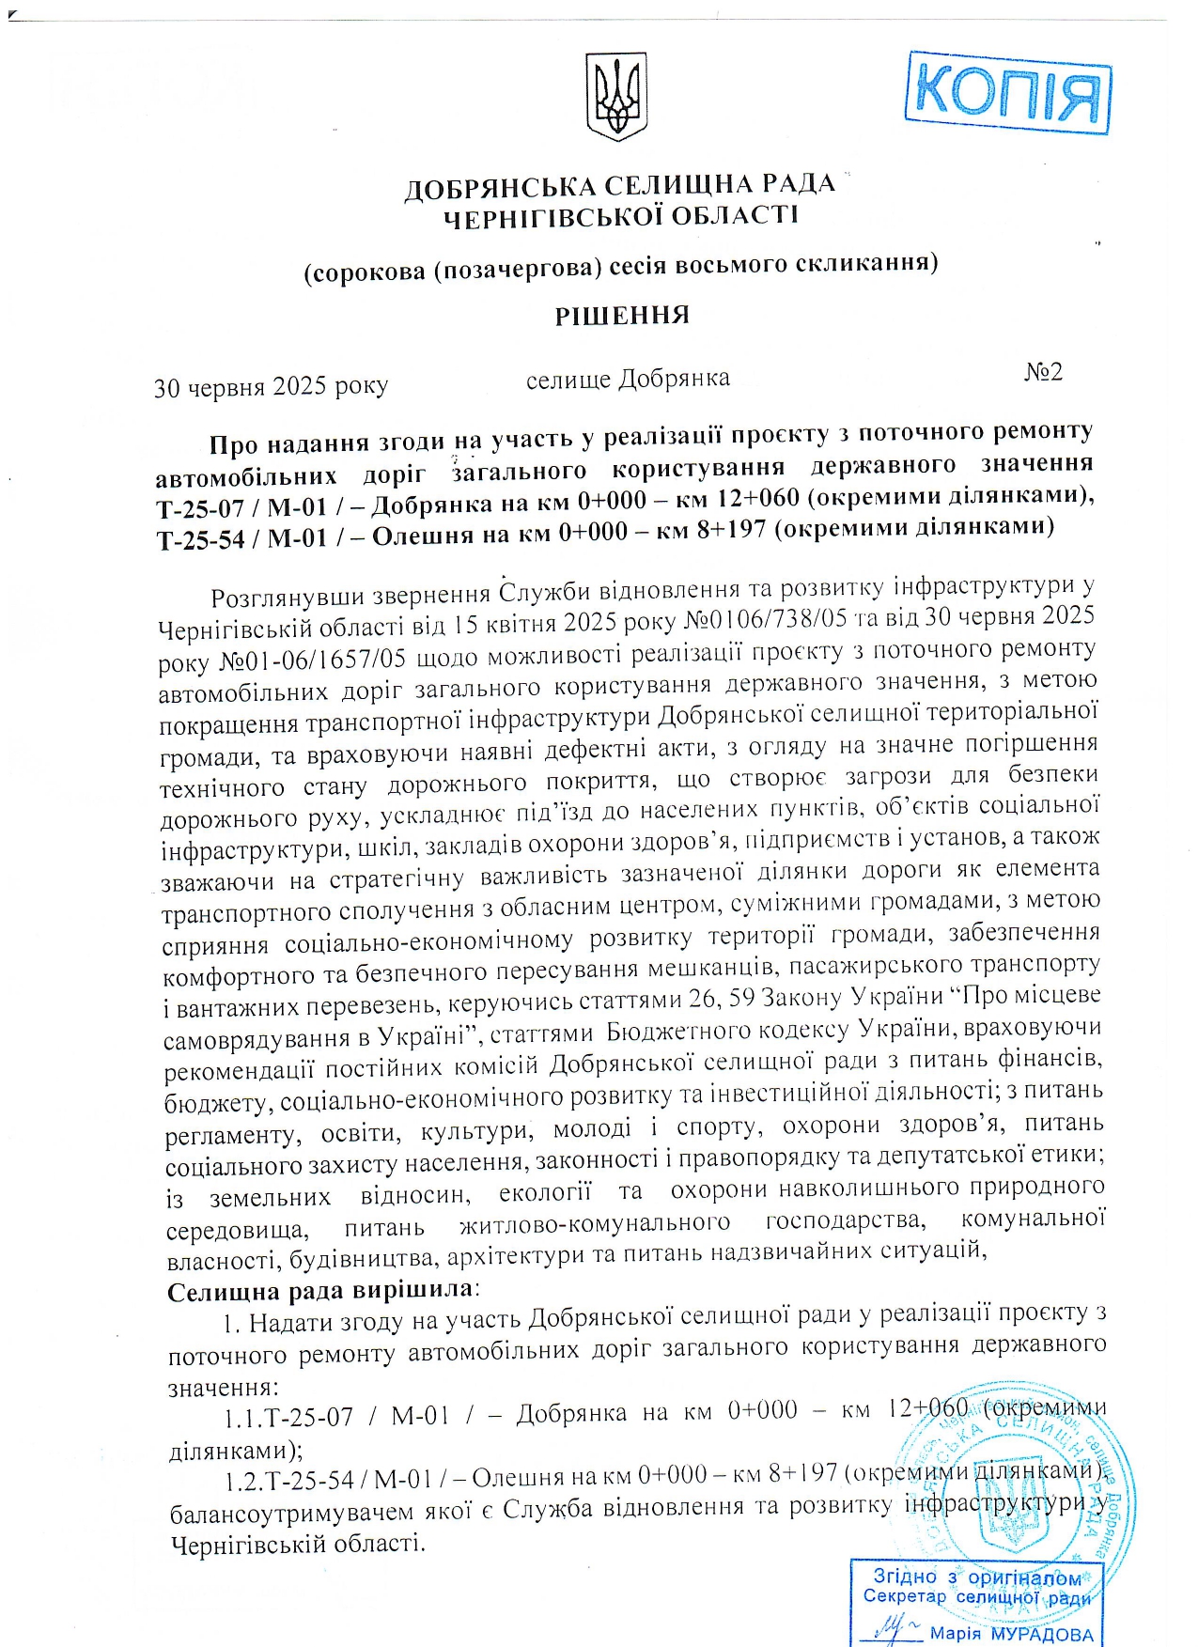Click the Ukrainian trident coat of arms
pos(617,97)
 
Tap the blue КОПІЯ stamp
pos(1007,92)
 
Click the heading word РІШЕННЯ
pos(621,315)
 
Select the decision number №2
pos(1043,372)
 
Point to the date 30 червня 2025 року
pos(271,386)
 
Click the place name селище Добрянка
pos(628,379)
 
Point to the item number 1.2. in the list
pos(244,1481)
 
